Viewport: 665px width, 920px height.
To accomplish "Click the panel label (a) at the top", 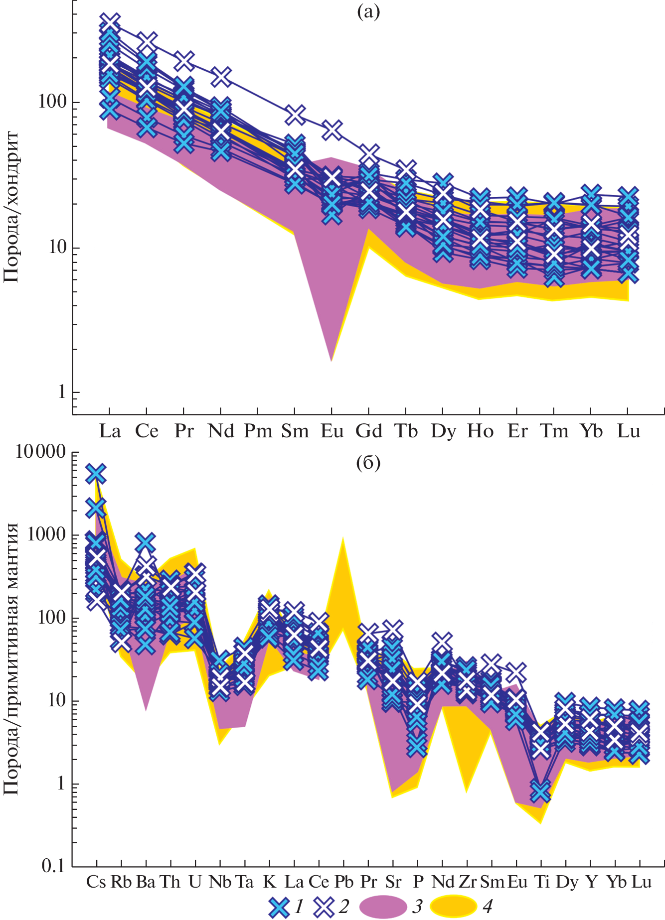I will (368, 12).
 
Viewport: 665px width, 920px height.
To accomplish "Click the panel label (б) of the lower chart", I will (368, 463).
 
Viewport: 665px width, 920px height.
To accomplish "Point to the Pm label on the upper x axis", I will (258, 431).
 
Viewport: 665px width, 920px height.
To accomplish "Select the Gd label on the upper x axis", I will (369, 431).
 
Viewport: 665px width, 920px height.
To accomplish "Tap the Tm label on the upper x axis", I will (554, 431).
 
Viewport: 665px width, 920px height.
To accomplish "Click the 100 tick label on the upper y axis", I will (52, 102).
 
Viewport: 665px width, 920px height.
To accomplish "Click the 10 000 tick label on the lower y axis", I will (41, 452).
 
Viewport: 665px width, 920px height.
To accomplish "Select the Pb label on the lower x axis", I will (343, 882).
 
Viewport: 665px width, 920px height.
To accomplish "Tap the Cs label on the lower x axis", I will (96, 882).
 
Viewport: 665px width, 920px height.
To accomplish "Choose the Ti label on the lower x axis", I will (542, 882).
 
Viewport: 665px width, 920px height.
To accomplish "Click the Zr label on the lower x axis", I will (467, 882).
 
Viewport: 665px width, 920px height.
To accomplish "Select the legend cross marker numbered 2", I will (324, 907).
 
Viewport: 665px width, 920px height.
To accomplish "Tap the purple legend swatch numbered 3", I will (383, 907).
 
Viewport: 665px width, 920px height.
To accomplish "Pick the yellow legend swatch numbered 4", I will (453, 907).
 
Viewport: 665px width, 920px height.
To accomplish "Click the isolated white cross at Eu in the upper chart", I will (332, 131).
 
